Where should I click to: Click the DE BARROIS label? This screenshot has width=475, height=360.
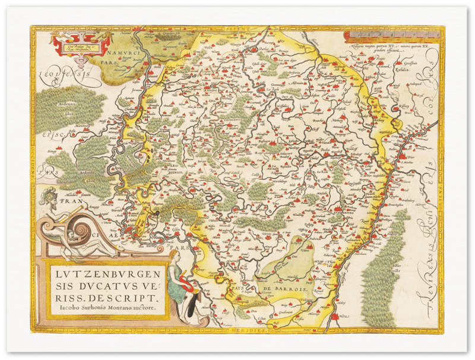click(x=289, y=289)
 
